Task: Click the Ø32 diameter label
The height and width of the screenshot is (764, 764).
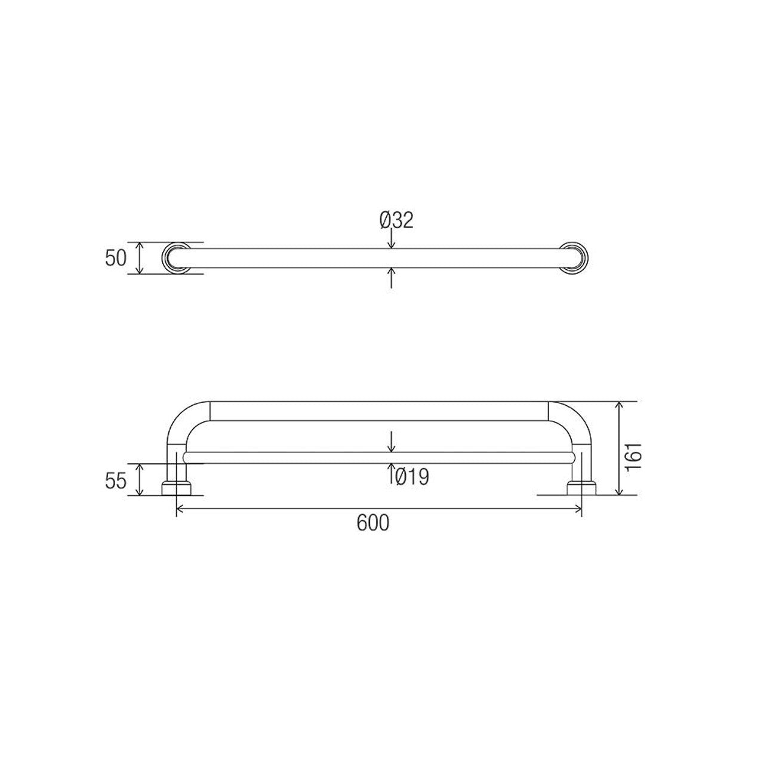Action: [x=396, y=220]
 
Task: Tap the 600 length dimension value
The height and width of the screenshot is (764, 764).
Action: [x=373, y=523]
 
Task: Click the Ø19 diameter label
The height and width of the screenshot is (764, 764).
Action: [x=412, y=476]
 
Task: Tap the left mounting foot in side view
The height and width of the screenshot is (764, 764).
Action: [x=177, y=488]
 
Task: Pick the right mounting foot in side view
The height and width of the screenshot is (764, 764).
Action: [x=581, y=488]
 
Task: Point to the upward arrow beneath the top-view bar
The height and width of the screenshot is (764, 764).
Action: [x=391, y=276]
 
